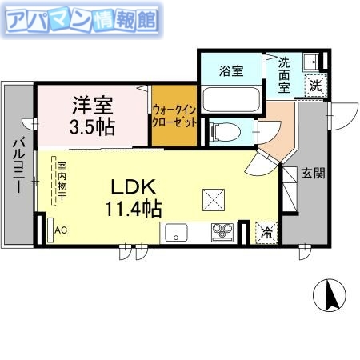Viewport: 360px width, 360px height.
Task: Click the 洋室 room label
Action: coord(93,104)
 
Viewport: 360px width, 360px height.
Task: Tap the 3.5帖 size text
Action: coord(93,126)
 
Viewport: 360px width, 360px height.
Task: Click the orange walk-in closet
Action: coord(174,117)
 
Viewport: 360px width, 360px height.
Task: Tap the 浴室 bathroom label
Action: coord(230,70)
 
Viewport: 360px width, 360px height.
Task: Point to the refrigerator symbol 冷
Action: coord(265,233)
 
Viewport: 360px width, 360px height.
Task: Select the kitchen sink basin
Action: coord(175,234)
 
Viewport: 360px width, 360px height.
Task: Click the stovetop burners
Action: coord(222,232)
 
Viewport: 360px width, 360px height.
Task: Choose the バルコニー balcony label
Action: coord(17,167)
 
